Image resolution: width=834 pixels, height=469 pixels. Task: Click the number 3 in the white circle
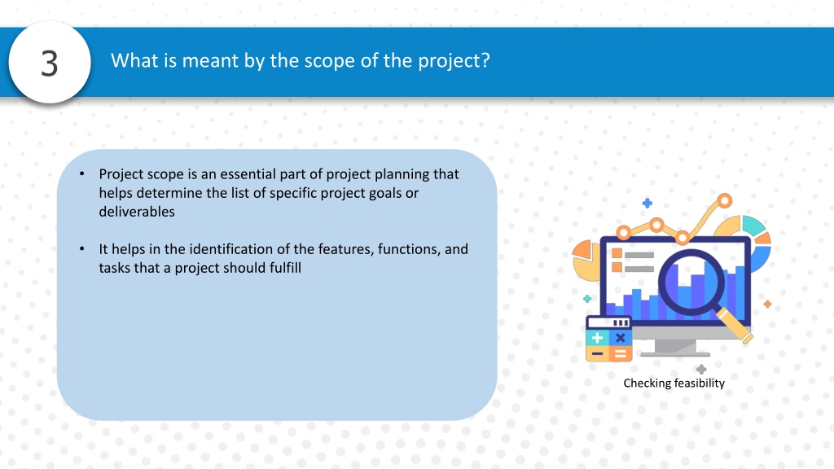(50, 64)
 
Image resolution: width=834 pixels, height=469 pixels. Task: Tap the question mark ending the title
(485, 60)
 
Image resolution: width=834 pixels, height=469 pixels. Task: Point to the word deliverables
(137, 212)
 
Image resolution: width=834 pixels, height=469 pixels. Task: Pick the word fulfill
(285, 267)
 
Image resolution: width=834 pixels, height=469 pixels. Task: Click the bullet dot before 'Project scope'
(82, 174)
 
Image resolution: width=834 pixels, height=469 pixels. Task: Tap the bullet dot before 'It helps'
(82, 249)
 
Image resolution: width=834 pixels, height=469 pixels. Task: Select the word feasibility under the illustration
(700, 383)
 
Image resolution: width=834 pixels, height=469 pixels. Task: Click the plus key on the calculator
(597, 338)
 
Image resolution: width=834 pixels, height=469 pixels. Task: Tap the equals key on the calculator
(620, 353)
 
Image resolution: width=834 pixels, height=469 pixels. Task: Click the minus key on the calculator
(597, 353)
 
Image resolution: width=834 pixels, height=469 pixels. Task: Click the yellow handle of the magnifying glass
(735, 326)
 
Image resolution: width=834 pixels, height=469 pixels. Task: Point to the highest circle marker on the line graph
(724, 201)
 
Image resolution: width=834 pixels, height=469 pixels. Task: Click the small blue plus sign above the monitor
(647, 203)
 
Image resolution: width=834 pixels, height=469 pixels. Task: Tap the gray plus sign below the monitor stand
(701, 369)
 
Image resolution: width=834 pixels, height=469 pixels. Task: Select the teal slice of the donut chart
(753, 226)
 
